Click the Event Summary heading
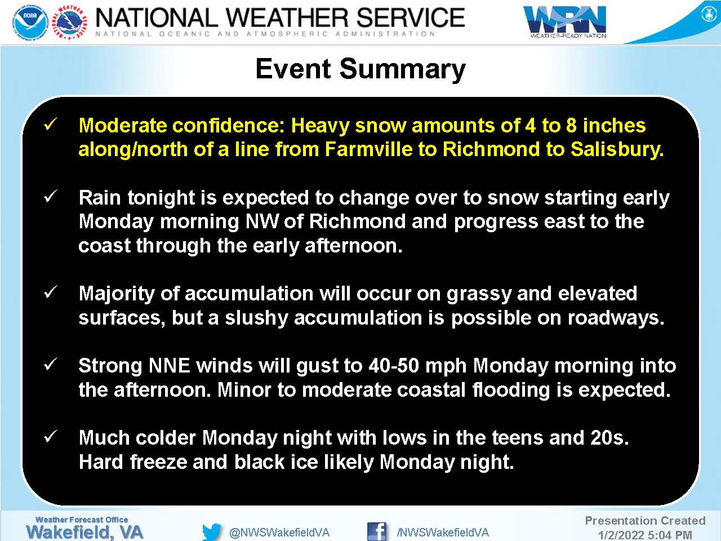click(360, 69)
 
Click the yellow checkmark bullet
click(51, 125)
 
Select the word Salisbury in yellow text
click(617, 149)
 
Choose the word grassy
click(479, 294)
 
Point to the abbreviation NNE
click(169, 366)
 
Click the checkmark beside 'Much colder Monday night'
click(51, 437)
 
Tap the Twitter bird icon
click(212, 532)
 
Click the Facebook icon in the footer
click(377, 531)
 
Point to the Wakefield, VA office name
click(84, 532)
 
